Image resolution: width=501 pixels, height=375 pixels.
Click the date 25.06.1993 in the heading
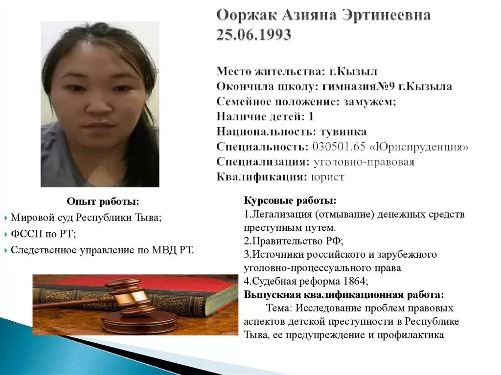click(253, 35)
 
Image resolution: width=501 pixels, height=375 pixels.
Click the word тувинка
click(343, 132)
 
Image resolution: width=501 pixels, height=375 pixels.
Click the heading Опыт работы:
click(103, 201)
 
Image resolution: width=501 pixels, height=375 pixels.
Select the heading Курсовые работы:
click(290, 201)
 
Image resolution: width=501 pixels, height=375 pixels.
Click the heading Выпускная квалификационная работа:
click(344, 295)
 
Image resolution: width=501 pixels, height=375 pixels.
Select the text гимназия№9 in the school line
click(351, 87)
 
